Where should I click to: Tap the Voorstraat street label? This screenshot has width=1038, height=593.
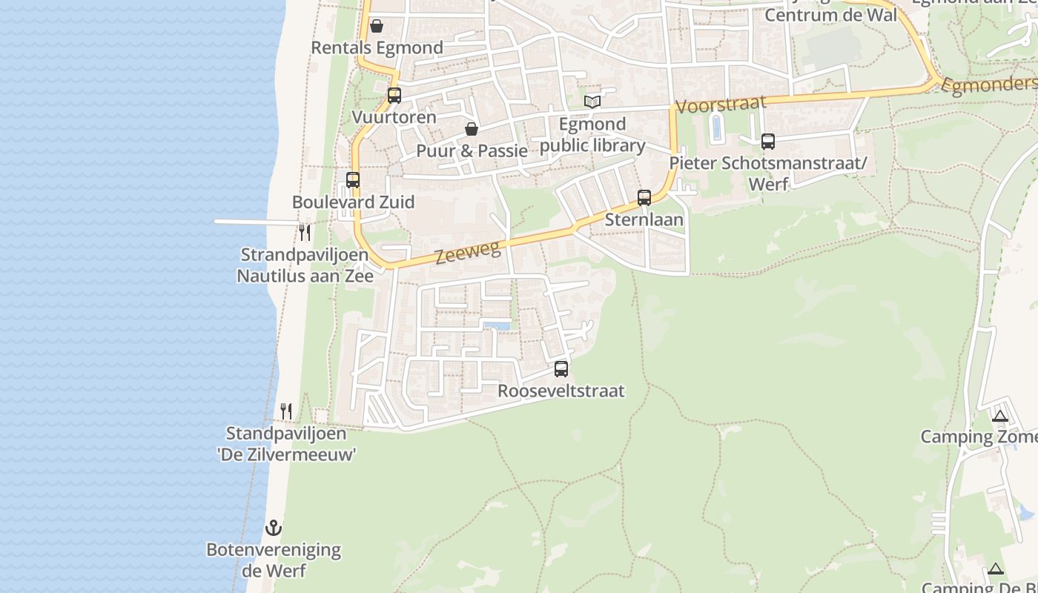point(721,105)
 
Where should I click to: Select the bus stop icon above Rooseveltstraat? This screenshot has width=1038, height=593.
point(561,368)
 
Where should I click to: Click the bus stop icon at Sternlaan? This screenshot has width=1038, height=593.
point(644,198)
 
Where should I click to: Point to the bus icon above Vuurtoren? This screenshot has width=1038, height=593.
point(394,96)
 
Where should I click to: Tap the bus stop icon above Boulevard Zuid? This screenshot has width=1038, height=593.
point(353,180)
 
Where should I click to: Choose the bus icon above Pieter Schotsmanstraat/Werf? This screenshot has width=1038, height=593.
point(768,141)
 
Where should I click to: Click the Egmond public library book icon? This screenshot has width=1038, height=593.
point(592,102)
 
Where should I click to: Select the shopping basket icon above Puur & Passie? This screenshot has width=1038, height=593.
point(472,130)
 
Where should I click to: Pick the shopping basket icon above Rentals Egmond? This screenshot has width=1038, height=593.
point(377,27)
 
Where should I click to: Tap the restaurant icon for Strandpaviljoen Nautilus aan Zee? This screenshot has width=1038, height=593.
point(305,232)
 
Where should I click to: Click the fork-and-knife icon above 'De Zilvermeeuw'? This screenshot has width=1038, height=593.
point(286,411)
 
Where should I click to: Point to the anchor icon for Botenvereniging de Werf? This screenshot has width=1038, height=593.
point(274,528)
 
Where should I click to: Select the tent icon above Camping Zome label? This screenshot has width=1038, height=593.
point(999,416)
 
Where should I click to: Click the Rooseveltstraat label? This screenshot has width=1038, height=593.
point(561,391)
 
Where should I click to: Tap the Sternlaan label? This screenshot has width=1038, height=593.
point(644,220)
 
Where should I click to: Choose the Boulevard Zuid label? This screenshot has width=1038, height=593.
point(353,202)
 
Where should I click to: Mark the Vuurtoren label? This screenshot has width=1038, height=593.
point(394,118)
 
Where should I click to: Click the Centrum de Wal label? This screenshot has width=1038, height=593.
point(830,15)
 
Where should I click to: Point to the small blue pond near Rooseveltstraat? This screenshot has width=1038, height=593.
point(496,325)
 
